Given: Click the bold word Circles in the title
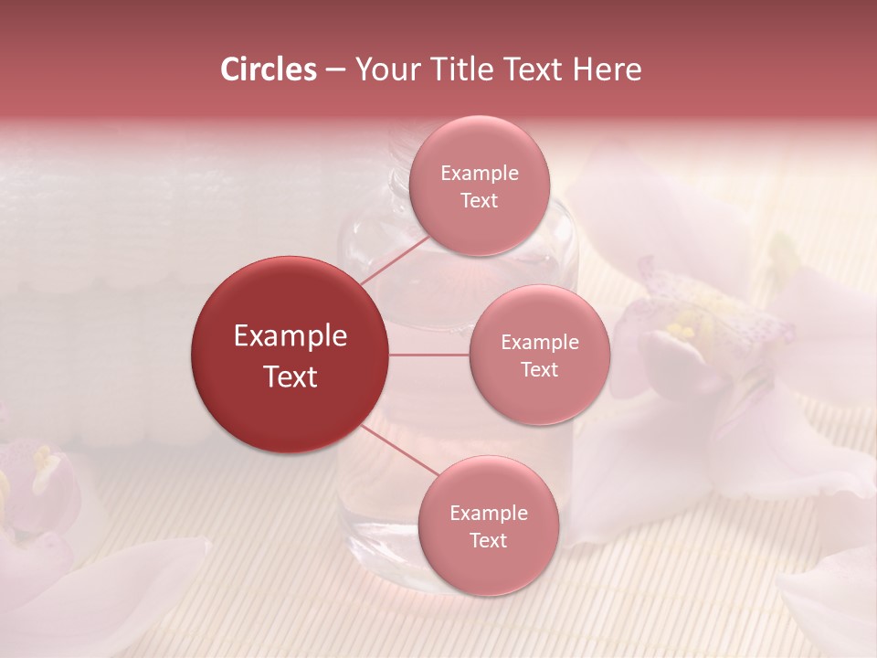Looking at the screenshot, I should (x=269, y=69).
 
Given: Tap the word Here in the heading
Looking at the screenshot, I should (x=607, y=69).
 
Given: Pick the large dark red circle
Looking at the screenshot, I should (x=290, y=355).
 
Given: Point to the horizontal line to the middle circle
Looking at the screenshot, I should (x=429, y=355).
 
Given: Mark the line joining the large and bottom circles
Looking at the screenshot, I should (x=400, y=451).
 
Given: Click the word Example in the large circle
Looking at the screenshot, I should (x=290, y=336).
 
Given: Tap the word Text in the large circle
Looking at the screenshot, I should (x=290, y=377).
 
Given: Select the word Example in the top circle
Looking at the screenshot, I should (x=479, y=174).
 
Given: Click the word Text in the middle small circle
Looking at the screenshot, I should (x=539, y=369).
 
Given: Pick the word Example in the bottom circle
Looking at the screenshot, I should (x=488, y=514).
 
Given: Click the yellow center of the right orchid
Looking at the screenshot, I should (x=685, y=324).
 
